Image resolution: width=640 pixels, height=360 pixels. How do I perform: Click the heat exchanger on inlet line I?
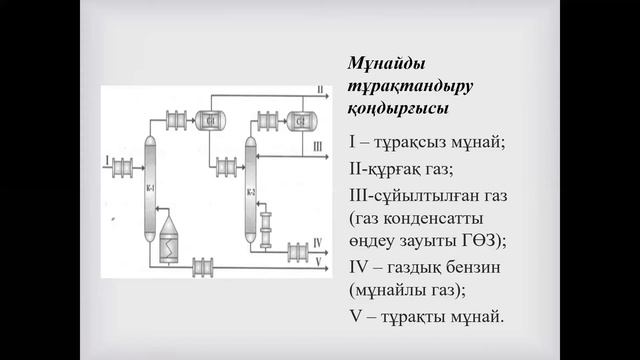(124, 165)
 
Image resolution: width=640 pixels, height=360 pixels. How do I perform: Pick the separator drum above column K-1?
(211, 120)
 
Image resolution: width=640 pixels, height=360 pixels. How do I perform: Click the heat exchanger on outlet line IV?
(298, 249)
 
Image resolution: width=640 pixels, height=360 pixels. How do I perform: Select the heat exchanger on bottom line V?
(203, 267)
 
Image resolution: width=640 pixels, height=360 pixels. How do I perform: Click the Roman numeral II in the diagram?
(319, 92)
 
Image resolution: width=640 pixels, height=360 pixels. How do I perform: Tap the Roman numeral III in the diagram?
(319, 147)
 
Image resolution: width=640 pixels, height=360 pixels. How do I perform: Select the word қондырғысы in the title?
(398, 107)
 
